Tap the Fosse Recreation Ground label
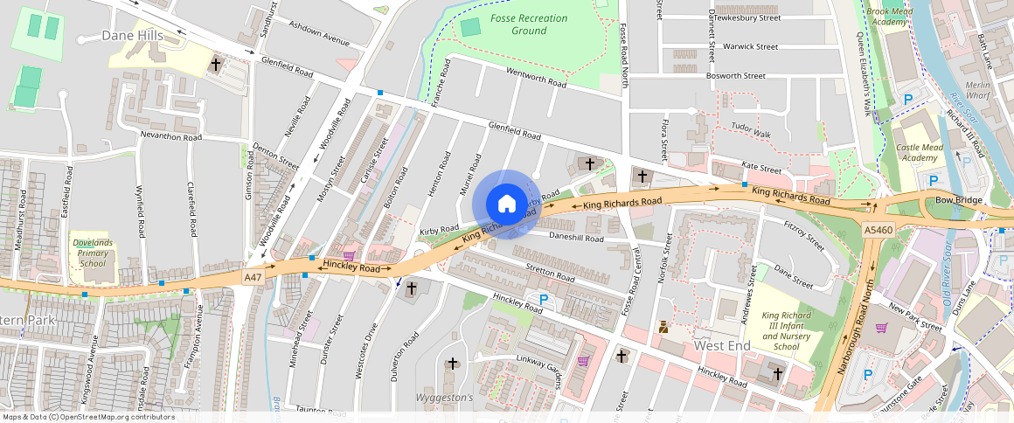[x=530, y=24]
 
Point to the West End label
[x=722, y=345]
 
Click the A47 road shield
[x=253, y=277]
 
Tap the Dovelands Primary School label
[x=93, y=253]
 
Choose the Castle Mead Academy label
[x=920, y=154]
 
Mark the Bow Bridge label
[x=953, y=200]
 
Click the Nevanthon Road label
[x=171, y=137]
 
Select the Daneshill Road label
[x=577, y=238]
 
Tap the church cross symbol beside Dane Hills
[x=216, y=64]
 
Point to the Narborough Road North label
[x=859, y=326]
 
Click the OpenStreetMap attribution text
[x=87, y=417]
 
